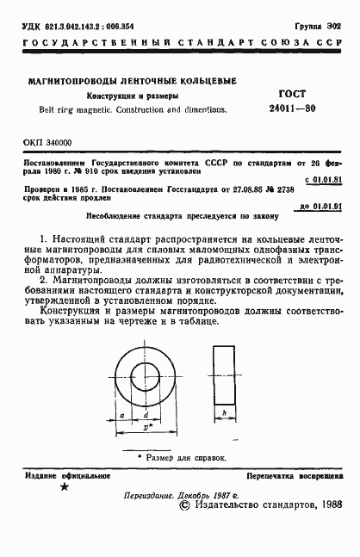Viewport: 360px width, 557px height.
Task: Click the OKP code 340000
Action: pyautogui.click(x=57, y=142)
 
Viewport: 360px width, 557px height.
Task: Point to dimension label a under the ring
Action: pyautogui.click(x=123, y=416)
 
